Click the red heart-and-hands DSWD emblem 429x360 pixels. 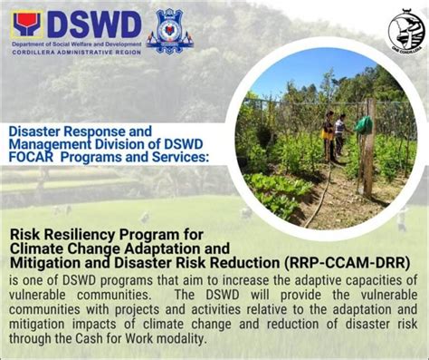(28, 24)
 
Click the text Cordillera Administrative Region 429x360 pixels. (76, 52)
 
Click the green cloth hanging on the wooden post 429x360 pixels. (363, 123)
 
